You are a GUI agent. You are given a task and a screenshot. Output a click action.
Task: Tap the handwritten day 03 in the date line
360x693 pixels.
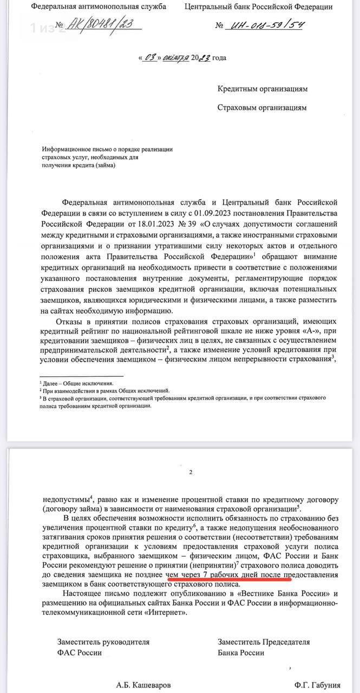(149, 57)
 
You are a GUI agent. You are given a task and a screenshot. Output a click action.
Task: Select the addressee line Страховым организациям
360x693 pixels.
(262, 107)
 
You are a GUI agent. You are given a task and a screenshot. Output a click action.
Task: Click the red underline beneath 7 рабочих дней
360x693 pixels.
(230, 564)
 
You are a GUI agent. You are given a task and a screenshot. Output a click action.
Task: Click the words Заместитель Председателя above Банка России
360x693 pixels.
(264, 642)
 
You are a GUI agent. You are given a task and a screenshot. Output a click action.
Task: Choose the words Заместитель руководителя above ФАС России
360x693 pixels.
(103, 642)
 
